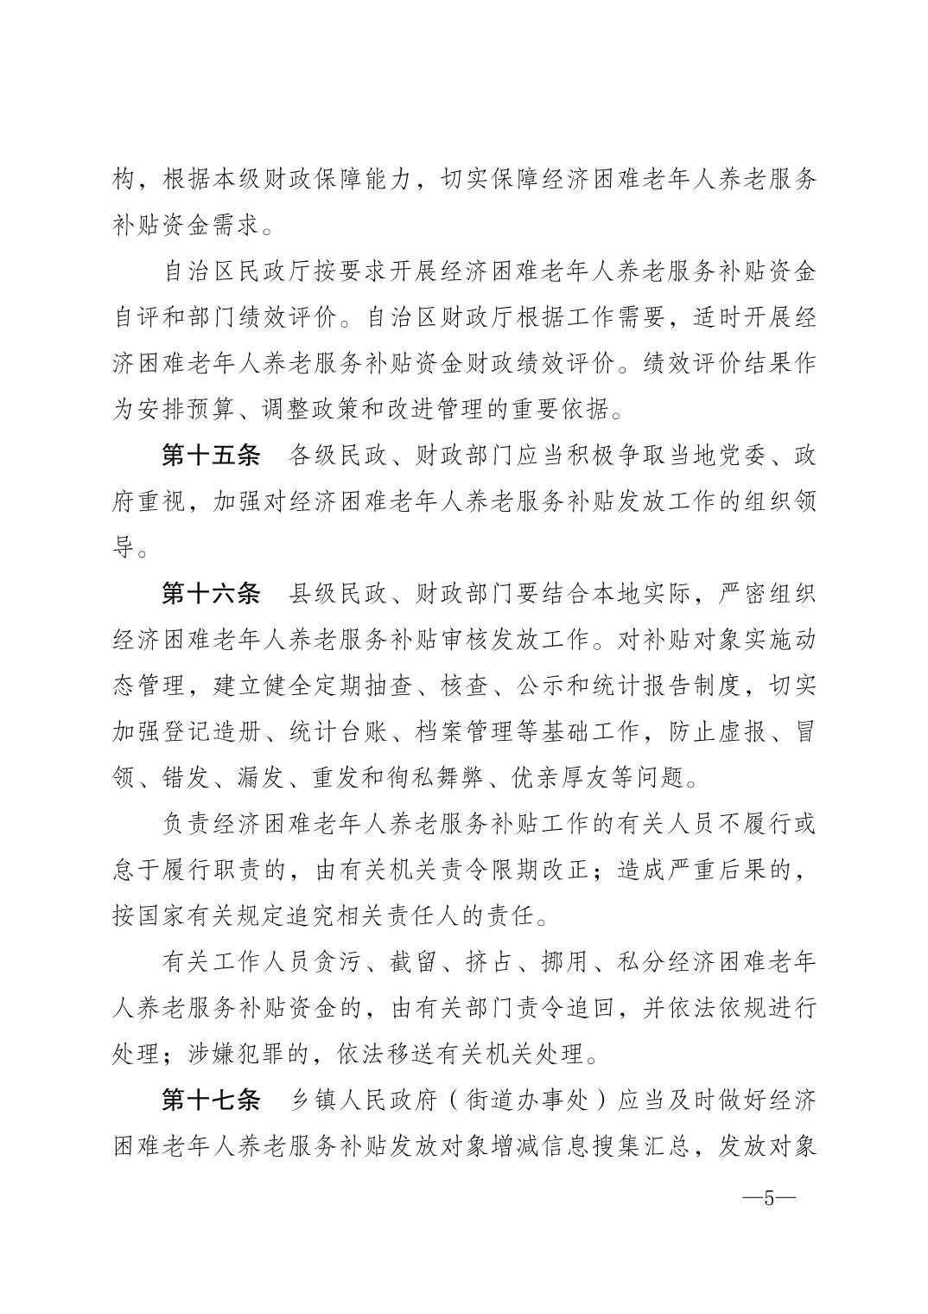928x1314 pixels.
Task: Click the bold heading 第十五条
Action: click(x=211, y=456)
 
